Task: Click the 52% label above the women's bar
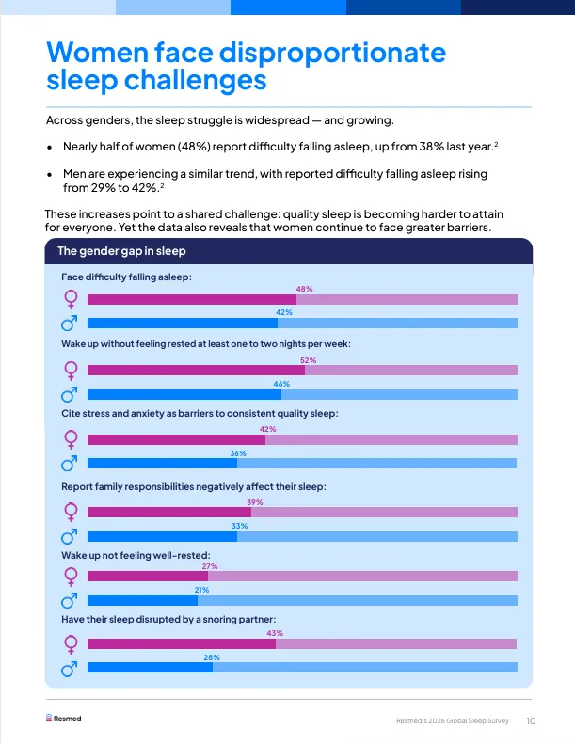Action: (308, 360)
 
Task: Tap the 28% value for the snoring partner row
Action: (212, 657)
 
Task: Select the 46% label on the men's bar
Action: (280, 384)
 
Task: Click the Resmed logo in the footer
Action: (64, 719)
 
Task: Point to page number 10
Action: (531, 721)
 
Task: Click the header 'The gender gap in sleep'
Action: (121, 251)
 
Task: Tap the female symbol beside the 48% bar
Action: (69, 299)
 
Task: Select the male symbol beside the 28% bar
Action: (69, 670)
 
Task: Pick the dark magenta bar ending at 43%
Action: (182, 644)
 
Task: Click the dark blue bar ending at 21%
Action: (142, 599)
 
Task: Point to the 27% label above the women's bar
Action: (210, 566)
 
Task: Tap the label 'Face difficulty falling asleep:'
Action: (126, 277)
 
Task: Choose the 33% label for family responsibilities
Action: (239, 526)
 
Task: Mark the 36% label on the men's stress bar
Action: (238, 453)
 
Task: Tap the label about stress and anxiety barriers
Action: (200, 413)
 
